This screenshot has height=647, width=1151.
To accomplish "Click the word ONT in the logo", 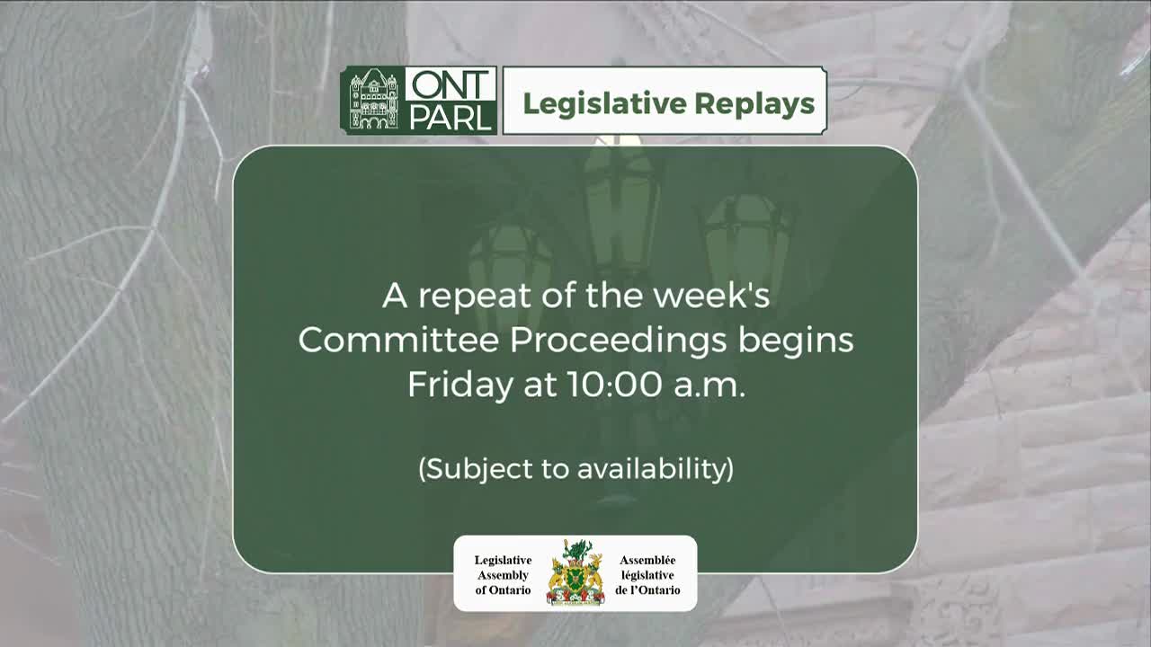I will (450, 84).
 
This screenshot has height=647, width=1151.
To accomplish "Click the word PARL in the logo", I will (450, 118).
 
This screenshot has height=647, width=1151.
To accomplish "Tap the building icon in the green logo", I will (373, 101).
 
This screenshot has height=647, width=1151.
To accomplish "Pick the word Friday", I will (458, 385).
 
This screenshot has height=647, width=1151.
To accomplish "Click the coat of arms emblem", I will (575, 573).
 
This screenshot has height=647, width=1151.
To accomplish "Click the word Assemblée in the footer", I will (647, 560).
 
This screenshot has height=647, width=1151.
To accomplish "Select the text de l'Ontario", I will (647, 590).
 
